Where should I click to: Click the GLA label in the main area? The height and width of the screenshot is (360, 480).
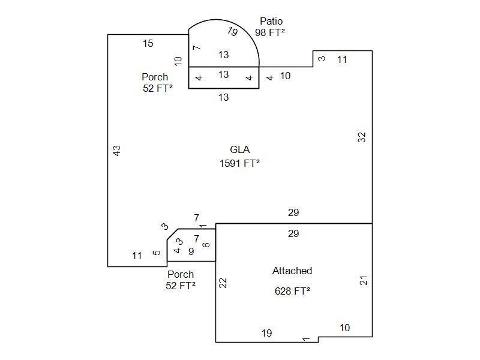coord(240,150)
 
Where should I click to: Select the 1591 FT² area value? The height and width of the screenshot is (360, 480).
coord(240,163)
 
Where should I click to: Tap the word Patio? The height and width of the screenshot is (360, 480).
coord(271,22)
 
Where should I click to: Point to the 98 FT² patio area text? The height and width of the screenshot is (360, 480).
coord(270,32)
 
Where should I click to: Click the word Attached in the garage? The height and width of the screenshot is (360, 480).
coord(292,271)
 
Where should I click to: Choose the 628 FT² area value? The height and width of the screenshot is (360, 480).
coord(292,291)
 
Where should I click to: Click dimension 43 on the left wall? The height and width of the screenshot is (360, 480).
coord(117,151)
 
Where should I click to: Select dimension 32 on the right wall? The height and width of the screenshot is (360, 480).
coord(362,137)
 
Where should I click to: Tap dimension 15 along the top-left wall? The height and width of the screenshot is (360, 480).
coord(148,43)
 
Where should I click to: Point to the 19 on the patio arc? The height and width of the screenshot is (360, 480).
coord(232,32)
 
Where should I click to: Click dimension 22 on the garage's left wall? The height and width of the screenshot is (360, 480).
coord(223,283)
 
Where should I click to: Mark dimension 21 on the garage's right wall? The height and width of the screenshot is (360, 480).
coord(364,280)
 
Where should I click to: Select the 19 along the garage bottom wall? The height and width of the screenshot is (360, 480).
coord(267,334)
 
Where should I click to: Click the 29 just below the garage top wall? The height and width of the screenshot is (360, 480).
coord(293,233)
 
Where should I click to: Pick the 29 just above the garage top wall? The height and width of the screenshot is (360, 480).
coord(293,213)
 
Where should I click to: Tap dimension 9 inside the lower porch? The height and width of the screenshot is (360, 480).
coord(191,252)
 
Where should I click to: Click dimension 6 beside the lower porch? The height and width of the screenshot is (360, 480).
coord(207,245)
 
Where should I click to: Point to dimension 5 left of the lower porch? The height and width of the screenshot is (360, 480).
coord(157,253)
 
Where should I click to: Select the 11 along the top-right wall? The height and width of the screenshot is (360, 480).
coord(342,59)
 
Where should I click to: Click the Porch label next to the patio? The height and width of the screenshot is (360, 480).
coord(155,77)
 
